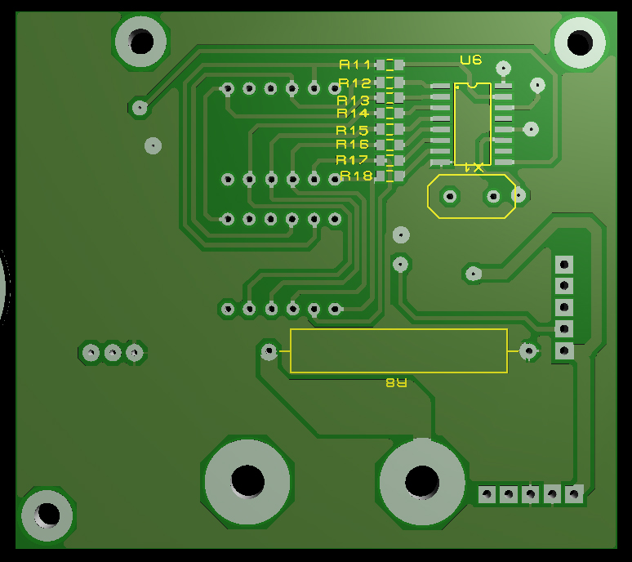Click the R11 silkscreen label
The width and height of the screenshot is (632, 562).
point(354,65)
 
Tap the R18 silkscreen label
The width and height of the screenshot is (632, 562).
point(356,176)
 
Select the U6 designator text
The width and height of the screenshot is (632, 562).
point(471,60)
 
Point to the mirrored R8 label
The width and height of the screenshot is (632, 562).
point(397,382)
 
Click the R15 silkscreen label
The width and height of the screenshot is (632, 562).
point(352,130)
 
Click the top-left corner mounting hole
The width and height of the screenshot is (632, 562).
point(140,42)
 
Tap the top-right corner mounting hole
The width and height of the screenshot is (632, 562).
point(580,42)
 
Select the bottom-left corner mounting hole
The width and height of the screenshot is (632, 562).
point(47,515)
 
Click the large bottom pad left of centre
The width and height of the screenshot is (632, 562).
point(247,482)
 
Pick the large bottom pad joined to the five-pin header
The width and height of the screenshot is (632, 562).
point(422,482)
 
